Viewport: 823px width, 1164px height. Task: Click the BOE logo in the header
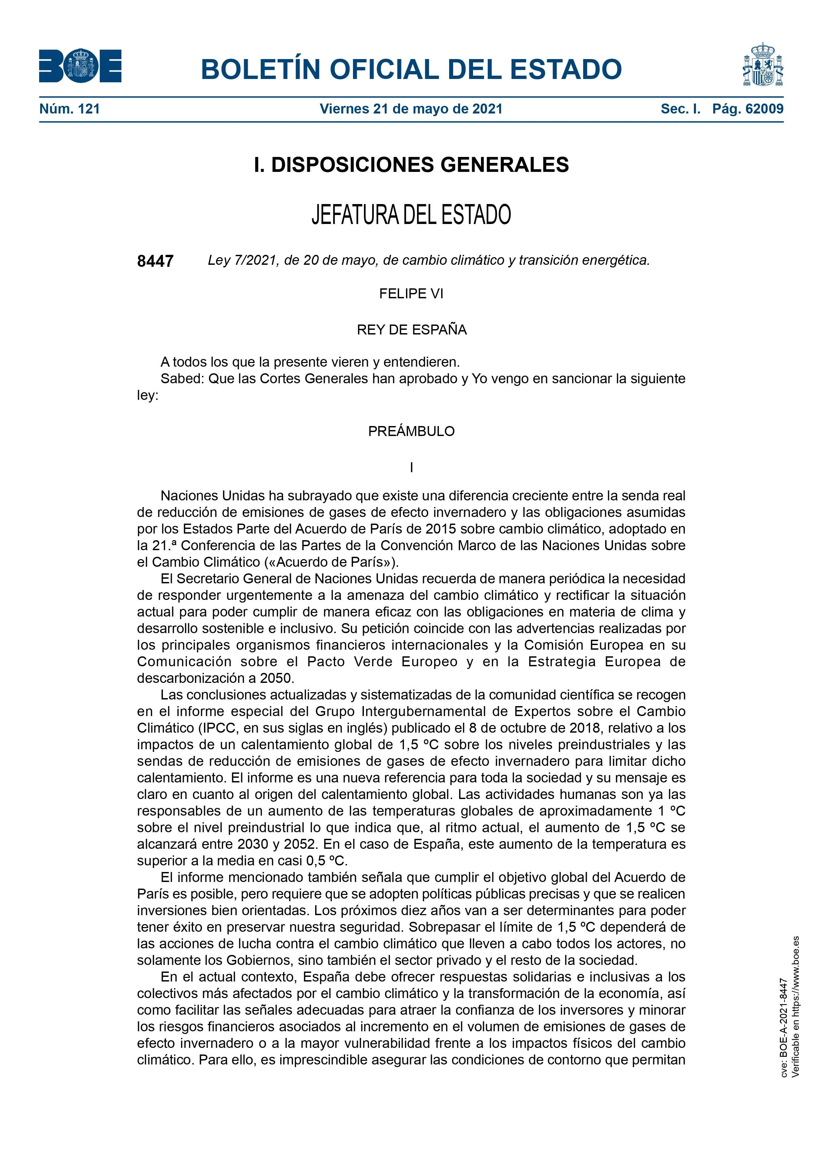(x=80, y=66)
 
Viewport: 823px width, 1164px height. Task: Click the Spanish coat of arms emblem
(x=763, y=65)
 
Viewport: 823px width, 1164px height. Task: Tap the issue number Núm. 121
(x=69, y=109)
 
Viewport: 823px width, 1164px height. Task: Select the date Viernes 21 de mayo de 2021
(x=411, y=109)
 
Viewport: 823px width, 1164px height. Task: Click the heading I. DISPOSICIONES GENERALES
(x=411, y=165)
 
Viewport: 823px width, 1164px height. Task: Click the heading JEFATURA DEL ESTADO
(x=411, y=214)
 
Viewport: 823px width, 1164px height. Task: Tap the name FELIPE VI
(x=411, y=294)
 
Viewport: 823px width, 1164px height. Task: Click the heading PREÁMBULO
(x=411, y=431)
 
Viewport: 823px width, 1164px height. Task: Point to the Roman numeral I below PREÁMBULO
(x=411, y=468)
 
